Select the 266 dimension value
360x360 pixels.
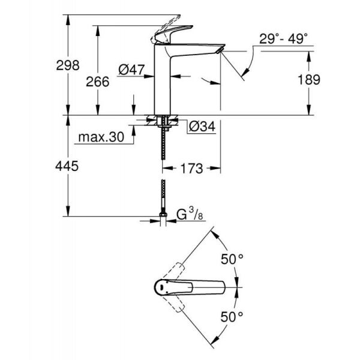coord(98,82)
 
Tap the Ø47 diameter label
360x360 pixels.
coord(132,71)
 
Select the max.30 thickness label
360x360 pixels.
coord(101,137)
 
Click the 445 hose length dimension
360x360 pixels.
coord(68,167)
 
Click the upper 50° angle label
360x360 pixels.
coord(232,259)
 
